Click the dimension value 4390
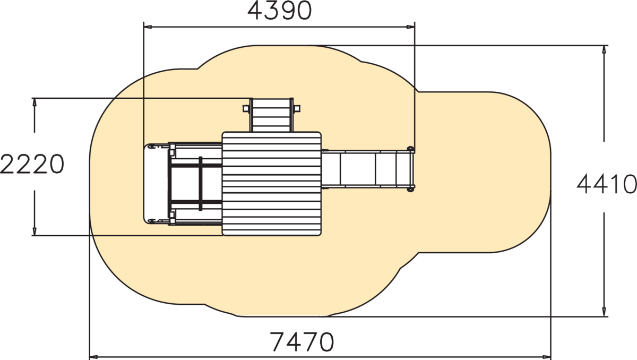pos(280,11)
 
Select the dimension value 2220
pos(32,165)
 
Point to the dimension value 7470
pos(302,341)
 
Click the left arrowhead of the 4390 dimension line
pos(148,27)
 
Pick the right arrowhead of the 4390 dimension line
pos(411,27)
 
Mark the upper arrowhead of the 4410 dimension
pos(604,49)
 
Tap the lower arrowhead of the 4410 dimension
pos(604,312)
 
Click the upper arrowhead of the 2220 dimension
pos(35,102)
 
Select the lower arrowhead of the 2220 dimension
pos(35,231)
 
